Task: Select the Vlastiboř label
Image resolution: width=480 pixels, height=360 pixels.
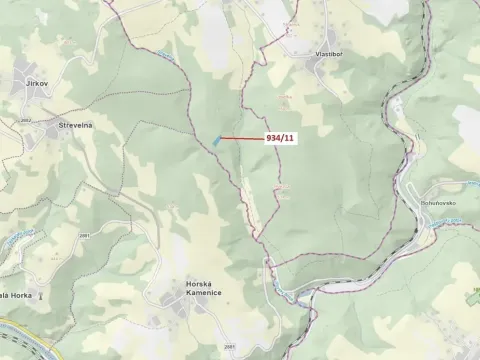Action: pyautogui.click(x=329, y=50)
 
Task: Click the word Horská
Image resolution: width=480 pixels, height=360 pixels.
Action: pyautogui.click(x=198, y=284)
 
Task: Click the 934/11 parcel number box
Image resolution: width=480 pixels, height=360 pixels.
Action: pyautogui.click(x=279, y=139)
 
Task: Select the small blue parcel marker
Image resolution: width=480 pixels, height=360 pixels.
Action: pyautogui.click(x=215, y=140)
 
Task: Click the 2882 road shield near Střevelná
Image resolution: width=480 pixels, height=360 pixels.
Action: pyautogui.click(x=25, y=120)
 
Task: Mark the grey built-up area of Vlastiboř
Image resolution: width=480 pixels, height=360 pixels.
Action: pyautogui.click(x=322, y=67)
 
